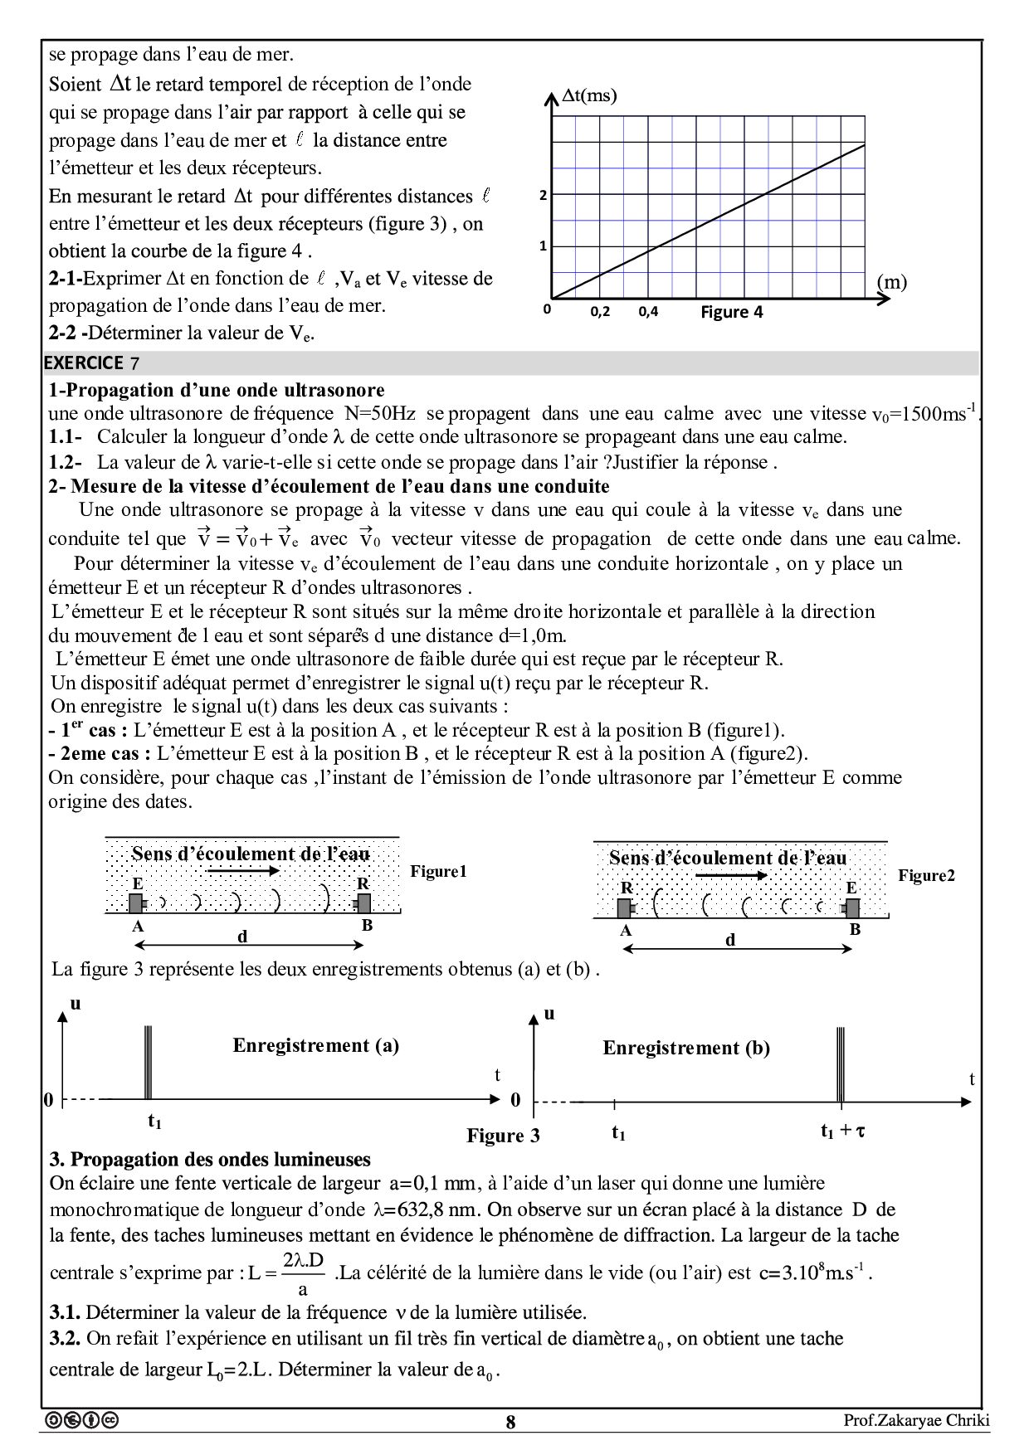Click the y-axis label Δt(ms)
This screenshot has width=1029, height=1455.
pyautogui.click(x=589, y=96)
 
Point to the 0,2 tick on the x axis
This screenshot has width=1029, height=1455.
pyautogui.click(x=600, y=312)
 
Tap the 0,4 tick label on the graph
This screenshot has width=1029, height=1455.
pyautogui.click(x=648, y=312)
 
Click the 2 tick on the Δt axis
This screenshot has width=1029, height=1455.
pyautogui.click(x=544, y=196)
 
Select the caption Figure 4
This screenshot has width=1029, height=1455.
pyautogui.click(x=731, y=312)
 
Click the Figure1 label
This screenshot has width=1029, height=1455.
pyautogui.click(x=438, y=871)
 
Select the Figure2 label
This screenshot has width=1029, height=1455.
pyautogui.click(x=926, y=875)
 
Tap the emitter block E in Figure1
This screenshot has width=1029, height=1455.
pyautogui.click(x=137, y=902)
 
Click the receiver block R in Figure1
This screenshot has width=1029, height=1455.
pyautogui.click(x=363, y=902)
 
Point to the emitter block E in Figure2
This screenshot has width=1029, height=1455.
pyautogui.click(x=851, y=907)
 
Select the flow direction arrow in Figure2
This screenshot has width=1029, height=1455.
pyautogui.click(x=726, y=876)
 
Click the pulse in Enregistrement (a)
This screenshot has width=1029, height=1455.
pyautogui.click(x=148, y=1063)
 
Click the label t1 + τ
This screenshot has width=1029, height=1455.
pyautogui.click(x=842, y=1131)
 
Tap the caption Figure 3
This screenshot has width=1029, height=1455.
pyautogui.click(x=503, y=1136)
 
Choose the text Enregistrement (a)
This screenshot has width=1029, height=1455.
pyautogui.click(x=315, y=1045)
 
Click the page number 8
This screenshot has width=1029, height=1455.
pyautogui.click(x=510, y=1422)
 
